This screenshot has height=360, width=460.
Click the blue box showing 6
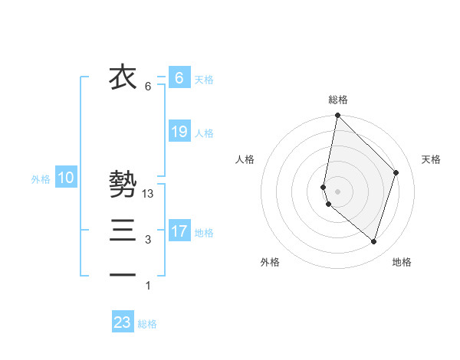(179, 77)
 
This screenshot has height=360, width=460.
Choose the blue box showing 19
(179, 132)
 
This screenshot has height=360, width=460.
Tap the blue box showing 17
(179, 231)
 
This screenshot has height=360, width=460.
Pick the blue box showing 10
(66, 178)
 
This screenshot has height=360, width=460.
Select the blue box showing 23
(123, 322)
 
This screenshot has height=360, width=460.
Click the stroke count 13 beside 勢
(149, 195)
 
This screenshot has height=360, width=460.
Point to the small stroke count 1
(148, 286)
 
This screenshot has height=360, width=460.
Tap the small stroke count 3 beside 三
(148, 240)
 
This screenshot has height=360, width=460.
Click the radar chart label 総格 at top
(338, 100)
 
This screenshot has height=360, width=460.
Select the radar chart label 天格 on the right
(431, 159)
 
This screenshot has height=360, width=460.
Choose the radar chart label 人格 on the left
(245, 159)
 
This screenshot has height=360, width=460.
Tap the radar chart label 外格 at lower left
(270, 262)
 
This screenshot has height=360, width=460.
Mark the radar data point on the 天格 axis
(396, 172)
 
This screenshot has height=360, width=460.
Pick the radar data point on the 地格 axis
(373, 241)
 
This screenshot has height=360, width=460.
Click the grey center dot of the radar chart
(338, 191)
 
